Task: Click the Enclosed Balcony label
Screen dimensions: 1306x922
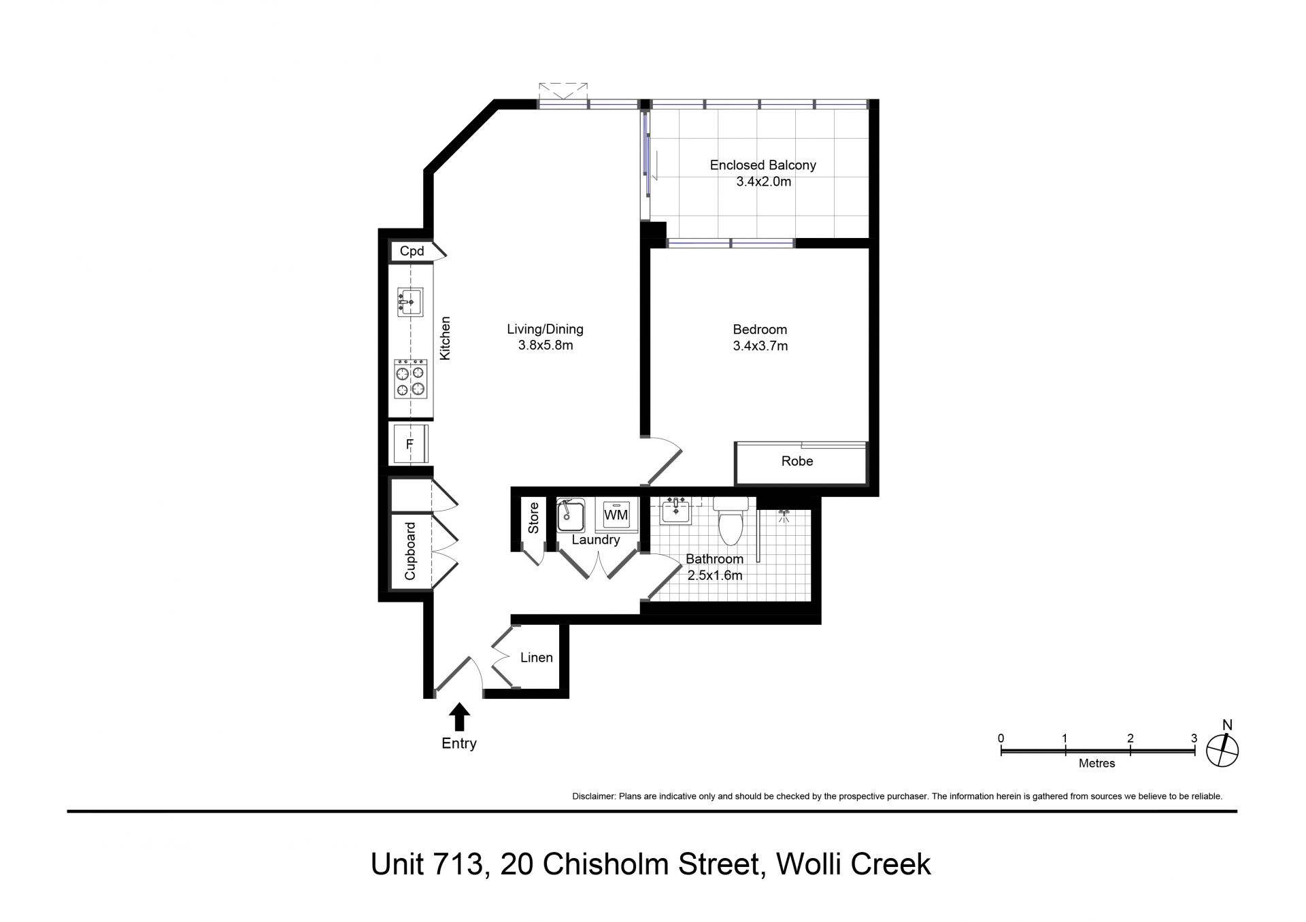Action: (763, 165)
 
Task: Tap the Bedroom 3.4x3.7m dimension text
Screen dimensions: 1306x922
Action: (760, 346)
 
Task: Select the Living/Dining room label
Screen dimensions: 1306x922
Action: (545, 330)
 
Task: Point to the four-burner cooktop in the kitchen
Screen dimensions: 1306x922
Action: (411, 379)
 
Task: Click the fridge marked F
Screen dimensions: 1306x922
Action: (410, 444)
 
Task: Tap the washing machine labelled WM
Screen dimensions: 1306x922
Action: (616, 515)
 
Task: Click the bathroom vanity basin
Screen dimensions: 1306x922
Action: (676, 511)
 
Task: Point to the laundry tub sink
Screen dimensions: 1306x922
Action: (571, 515)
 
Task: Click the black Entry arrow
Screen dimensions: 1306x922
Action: (460, 717)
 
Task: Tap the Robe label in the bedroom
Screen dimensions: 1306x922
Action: (797, 462)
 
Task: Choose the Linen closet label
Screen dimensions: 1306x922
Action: (537, 658)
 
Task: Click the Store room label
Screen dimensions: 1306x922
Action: (533, 518)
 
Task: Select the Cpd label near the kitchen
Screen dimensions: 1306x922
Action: (412, 252)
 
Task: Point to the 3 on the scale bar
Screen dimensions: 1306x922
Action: (1194, 738)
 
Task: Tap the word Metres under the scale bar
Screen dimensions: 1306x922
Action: (1097, 764)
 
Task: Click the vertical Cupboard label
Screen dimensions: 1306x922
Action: (410, 551)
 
